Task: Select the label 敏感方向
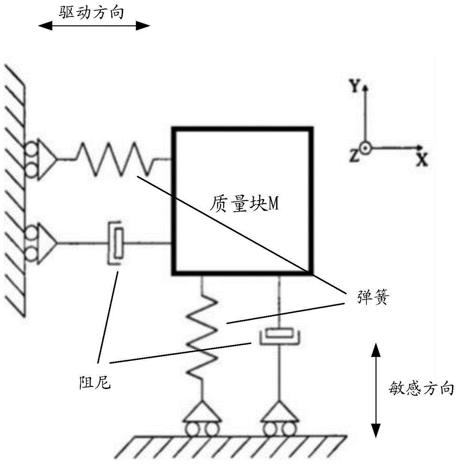(x=421, y=389)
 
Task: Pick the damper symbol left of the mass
(x=116, y=243)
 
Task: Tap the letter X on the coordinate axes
(x=421, y=160)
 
